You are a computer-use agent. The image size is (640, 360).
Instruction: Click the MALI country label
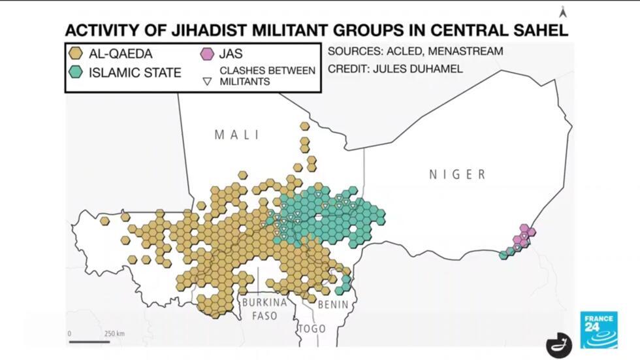click(236, 135)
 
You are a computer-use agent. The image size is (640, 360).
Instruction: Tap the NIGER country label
click(457, 174)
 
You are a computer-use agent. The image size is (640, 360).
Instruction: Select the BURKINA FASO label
click(264, 309)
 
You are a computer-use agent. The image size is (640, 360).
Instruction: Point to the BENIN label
click(332, 304)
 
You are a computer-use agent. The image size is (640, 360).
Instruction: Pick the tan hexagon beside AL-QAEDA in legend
click(77, 53)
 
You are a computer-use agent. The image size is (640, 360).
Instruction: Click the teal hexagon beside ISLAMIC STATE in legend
click(77, 72)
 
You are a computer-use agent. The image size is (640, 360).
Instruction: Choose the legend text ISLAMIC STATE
click(135, 72)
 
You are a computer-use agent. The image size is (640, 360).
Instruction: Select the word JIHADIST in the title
click(201, 30)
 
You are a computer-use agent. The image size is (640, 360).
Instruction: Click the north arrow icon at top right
click(560, 11)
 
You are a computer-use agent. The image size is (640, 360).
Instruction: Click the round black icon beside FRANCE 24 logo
click(559, 344)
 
